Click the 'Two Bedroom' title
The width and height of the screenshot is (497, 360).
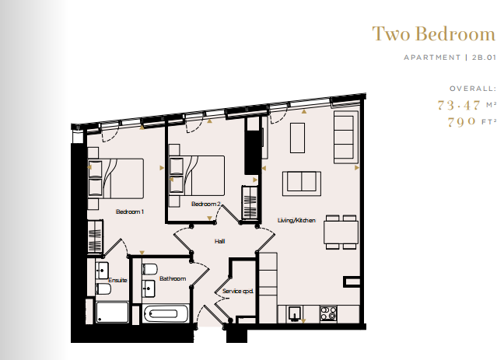pos(432,34)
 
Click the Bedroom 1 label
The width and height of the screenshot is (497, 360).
pos(130,211)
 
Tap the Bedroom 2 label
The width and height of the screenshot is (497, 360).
pos(207,204)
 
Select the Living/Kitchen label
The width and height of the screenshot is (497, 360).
pos(296,221)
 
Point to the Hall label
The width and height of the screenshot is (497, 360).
pos(219,242)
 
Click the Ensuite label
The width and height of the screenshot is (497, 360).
pos(117,280)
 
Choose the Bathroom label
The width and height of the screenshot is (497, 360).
pos(173,278)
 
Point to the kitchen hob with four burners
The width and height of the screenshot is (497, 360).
pos(327,313)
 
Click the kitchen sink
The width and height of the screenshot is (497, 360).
pos(295,313)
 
